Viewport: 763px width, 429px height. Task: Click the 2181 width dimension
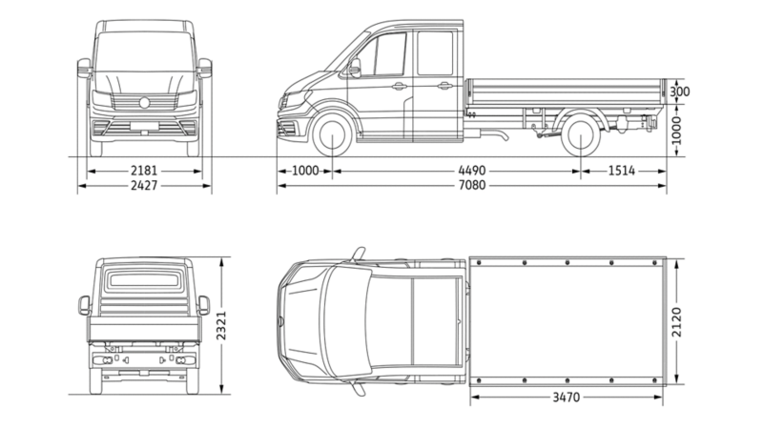point(144,172)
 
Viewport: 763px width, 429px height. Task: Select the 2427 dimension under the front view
point(144,185)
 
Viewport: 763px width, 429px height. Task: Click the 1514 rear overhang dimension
point(622,172)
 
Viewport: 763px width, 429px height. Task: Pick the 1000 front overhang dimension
point(304,172)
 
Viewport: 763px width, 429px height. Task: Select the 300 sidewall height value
point(680,92)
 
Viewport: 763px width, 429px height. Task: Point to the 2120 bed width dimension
point(678,325)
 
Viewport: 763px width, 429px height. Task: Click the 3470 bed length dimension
point(567,396)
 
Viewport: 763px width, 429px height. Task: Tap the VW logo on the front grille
point(144,102)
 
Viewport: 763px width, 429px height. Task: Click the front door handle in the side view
point(399,86)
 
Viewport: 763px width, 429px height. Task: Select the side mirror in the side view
point(355,67)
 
